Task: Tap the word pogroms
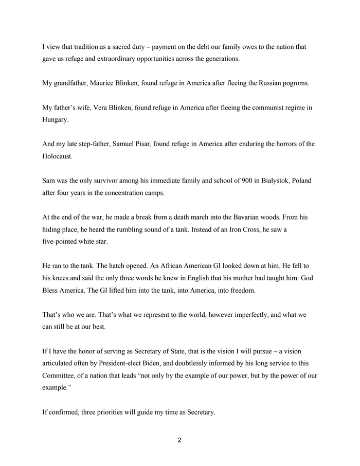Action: pyautogui.click(x=295, y=83)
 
